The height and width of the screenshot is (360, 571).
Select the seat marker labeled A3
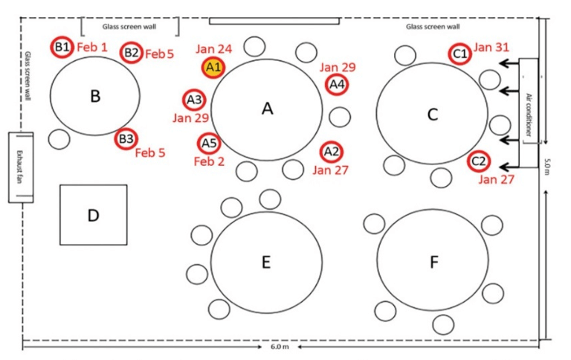click(x=194, y=99)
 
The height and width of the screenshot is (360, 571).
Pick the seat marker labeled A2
click(x=332, y=152)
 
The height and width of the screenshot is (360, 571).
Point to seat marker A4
click(x=336, y=84)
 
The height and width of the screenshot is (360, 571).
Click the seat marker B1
click(x=62, y=48)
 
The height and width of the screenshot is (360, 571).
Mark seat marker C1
click(x=460, y=54)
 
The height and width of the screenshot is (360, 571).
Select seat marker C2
click(x=479, y=161)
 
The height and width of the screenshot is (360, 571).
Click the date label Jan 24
click(x=214, y=49)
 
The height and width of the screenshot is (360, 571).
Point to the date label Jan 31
click(x=491, y=48)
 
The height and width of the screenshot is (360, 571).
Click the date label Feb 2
click(x=208, y=161)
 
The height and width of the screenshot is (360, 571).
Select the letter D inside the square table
click(x=93, y=216)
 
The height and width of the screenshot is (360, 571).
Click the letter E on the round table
click(x=265, y=262)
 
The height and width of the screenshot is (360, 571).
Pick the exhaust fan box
click(x=21, y=167)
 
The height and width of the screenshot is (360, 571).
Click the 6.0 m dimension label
click(x=281, y=347)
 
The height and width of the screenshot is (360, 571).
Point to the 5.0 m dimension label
click(x=547, y=164)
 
